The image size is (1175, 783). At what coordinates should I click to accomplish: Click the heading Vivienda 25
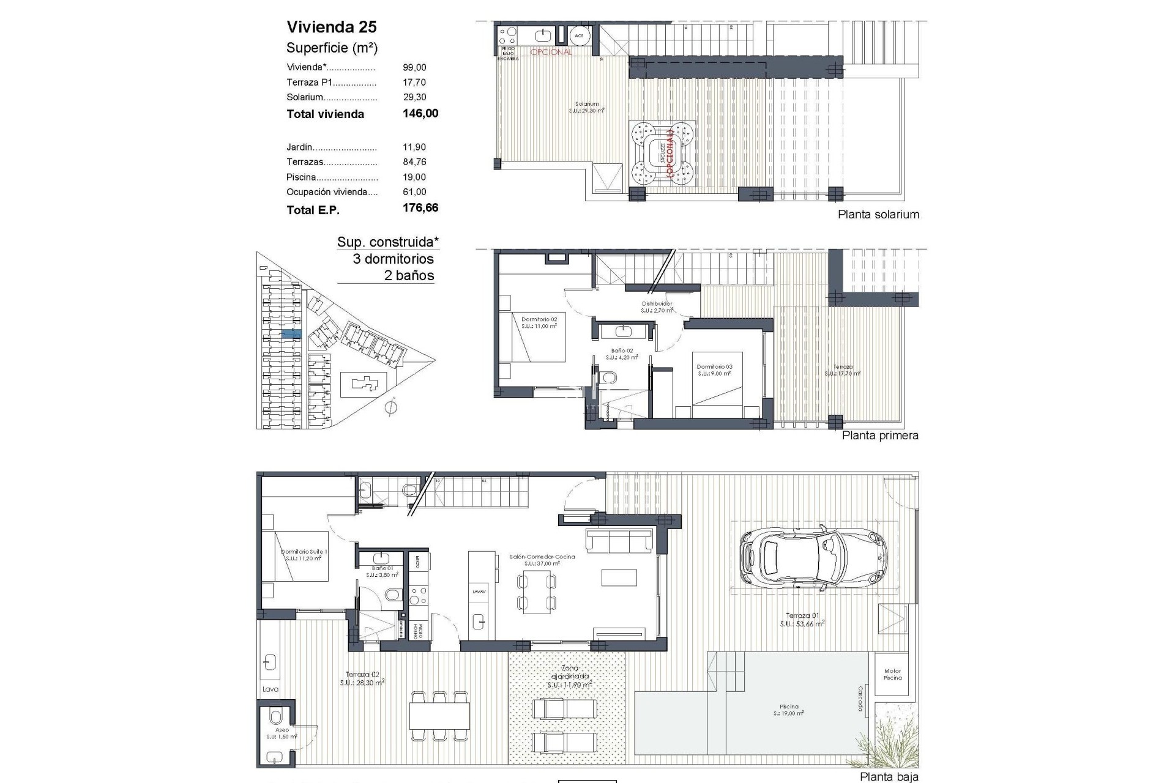[332, 27]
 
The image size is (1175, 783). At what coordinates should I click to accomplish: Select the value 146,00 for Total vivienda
[420, 113]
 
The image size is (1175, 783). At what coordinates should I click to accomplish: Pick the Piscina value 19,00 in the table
[414, 177]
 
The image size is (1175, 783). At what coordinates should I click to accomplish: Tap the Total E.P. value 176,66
[420, 208]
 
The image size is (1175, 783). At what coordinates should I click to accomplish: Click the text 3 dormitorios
[393, 259]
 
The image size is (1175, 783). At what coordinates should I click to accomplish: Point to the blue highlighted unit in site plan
[291, 334]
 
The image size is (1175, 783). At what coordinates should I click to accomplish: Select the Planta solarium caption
[878, 214]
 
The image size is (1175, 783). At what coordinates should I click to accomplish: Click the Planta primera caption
[880, 436]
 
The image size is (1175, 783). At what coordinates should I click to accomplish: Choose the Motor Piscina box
[892, 674]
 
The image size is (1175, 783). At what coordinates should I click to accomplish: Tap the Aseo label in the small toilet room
[282, 730]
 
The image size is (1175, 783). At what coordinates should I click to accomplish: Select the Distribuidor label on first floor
[657, 303]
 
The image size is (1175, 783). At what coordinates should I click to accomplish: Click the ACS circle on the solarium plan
[579, 36]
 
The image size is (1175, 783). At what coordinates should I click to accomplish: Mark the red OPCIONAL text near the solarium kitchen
[551, 52]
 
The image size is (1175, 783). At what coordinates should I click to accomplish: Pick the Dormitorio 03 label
[714, 367]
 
